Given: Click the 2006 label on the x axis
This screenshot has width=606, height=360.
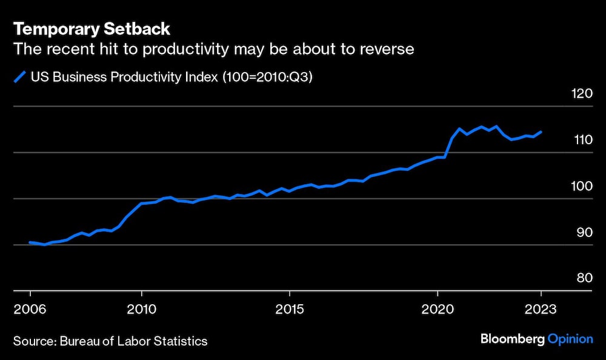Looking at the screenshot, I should coord(30,308).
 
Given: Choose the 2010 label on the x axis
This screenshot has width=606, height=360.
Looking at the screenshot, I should coord(141,308).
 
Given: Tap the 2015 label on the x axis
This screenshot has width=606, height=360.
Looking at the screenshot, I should coord(290,308).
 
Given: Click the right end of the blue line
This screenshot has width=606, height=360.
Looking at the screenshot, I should coord(541,132).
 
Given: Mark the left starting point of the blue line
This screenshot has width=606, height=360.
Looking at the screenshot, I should coord(30,242).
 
